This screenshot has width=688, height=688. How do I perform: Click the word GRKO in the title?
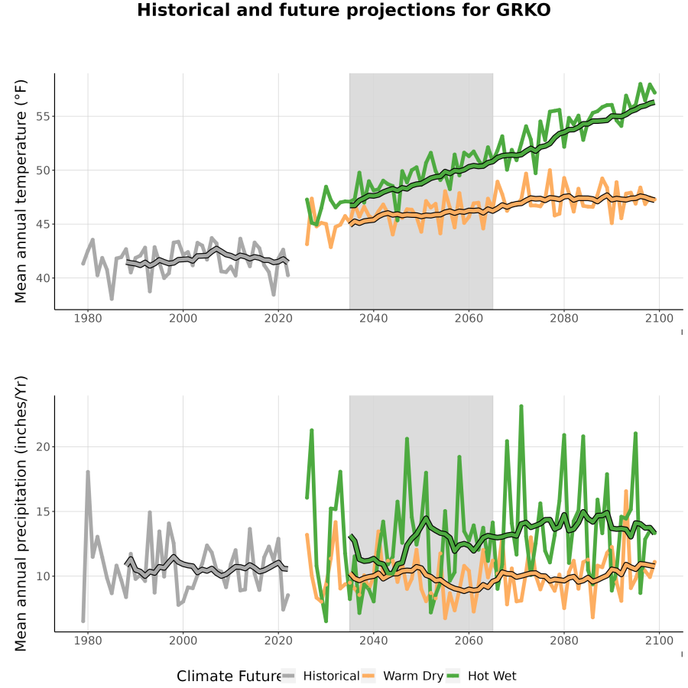point(523,10)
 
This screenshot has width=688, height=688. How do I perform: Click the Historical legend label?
point(331,676)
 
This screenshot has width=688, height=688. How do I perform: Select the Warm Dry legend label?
point(413,676)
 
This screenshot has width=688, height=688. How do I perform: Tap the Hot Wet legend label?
point(492,676)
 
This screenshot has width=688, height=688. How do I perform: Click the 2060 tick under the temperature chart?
point(469,318)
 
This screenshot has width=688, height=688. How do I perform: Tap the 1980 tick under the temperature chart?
point(88,318)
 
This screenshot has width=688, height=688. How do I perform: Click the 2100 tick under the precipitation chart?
point(659,641)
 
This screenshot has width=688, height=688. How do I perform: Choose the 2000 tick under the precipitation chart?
point(183,641)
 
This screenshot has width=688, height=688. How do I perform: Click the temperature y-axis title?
point(21,191)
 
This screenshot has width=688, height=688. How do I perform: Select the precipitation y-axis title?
point(21,514)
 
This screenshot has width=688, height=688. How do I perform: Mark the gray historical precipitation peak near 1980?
point(88,472)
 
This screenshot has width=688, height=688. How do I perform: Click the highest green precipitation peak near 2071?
point(521,407)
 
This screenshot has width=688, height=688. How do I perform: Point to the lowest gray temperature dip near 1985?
point(112,299)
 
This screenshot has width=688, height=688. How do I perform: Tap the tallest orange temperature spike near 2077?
point(550,170)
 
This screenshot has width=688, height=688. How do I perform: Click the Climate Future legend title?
point(229,677)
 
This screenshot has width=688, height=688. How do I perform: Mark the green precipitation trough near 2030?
point(326,621)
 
